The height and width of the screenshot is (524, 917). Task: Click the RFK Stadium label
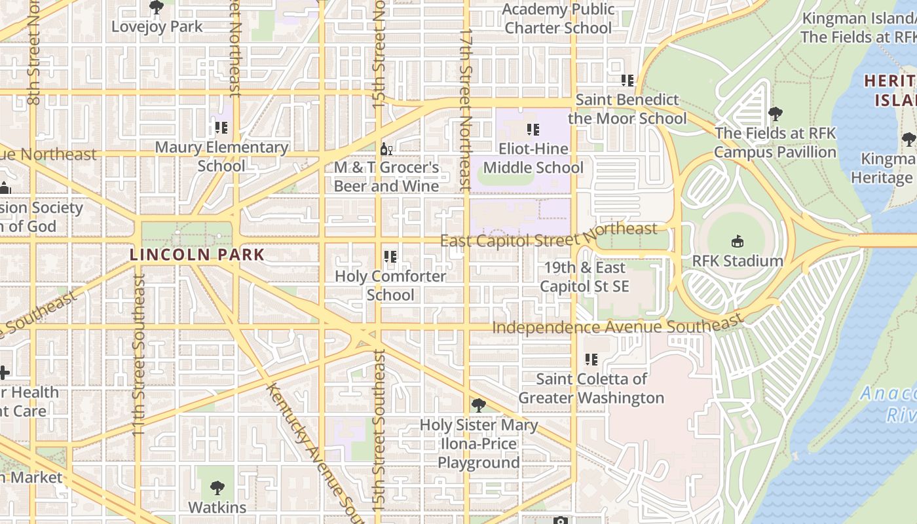pos(738,261)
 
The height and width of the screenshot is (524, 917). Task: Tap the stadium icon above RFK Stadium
pos(738,241)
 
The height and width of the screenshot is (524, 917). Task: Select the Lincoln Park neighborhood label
pos(197,255)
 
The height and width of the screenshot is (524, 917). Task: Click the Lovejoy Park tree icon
pos(156,7)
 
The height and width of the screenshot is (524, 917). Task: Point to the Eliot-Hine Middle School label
pos(533,158)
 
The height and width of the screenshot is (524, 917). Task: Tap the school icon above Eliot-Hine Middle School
pos(533,130)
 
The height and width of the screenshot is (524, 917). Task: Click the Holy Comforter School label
pos(390,285)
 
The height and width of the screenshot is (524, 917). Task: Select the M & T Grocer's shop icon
pos(386,149)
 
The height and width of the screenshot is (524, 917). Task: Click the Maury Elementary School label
pos(221,156)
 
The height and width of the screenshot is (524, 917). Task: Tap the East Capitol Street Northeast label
pos(548,235)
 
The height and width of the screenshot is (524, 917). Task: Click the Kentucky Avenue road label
pos(312,453)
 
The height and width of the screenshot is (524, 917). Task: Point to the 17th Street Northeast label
pos(465,108)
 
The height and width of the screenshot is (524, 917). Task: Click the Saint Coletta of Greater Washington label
pos(591,388)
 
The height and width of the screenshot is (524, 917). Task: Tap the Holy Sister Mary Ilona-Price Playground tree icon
pos(479,405)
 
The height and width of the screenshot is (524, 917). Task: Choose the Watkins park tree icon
pos(217,488)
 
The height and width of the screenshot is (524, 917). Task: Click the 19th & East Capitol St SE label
pos(584,276)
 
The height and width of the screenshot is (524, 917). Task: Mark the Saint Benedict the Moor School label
pos(627,109)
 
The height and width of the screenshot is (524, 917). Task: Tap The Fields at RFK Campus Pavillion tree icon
pos(776,114)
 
